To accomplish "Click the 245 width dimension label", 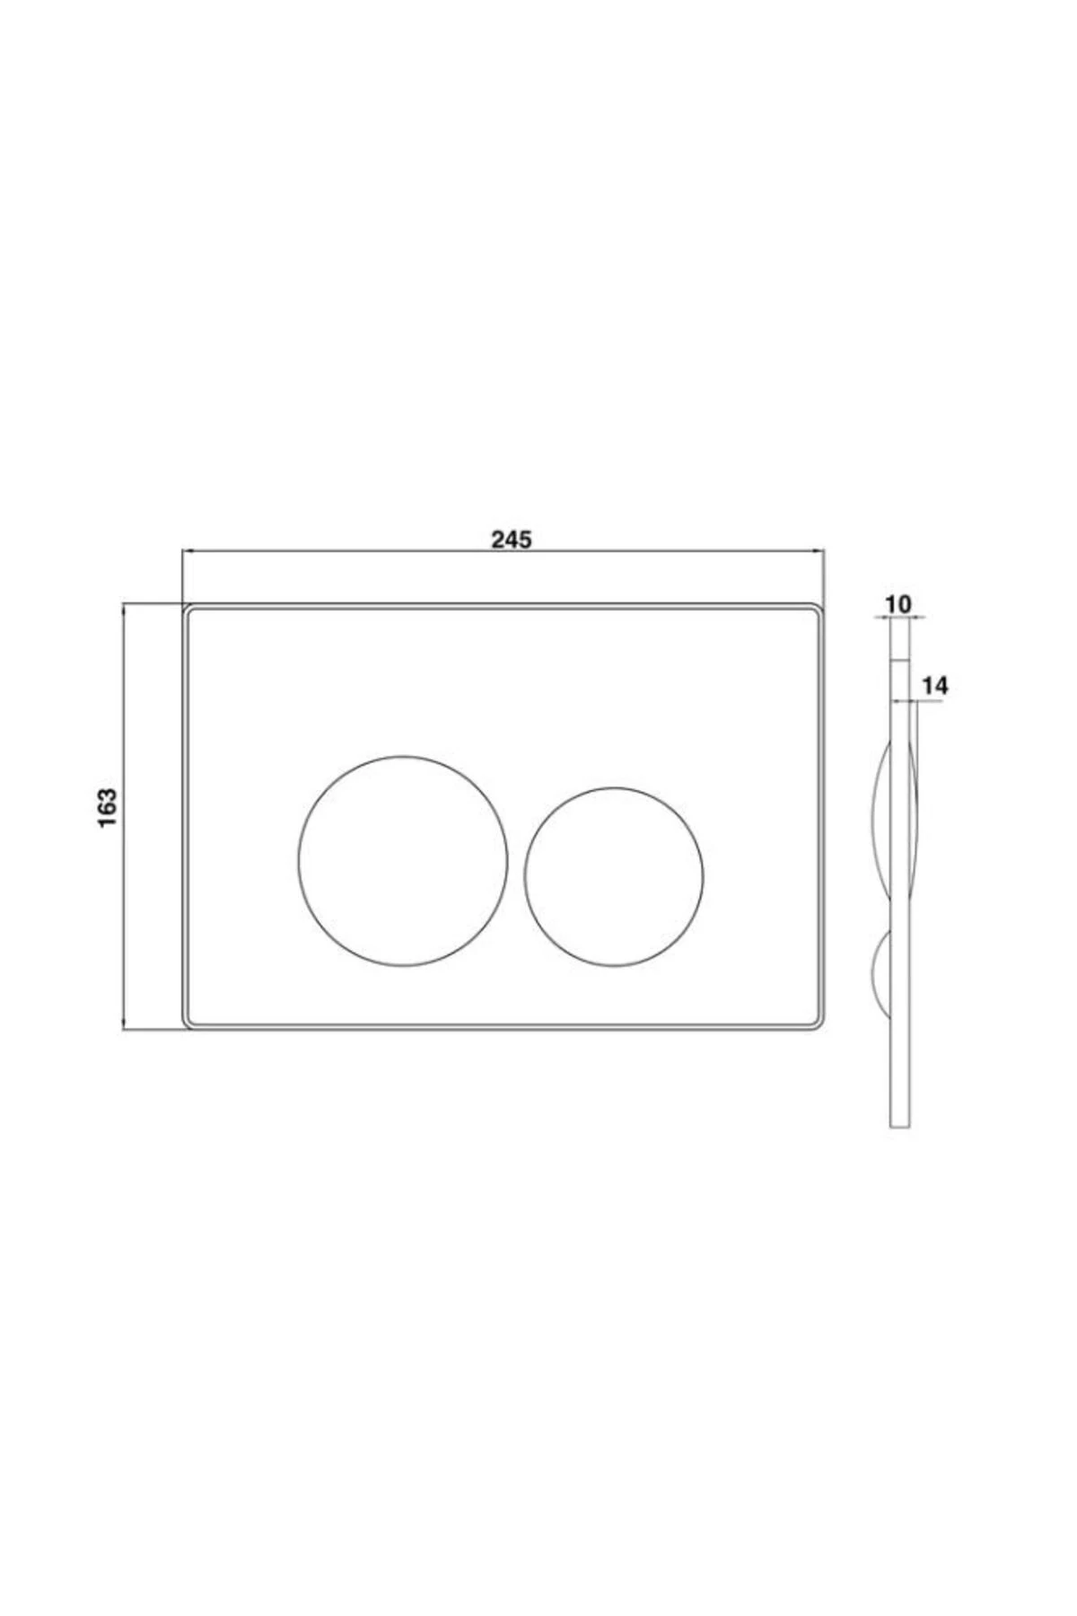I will pos(512,539).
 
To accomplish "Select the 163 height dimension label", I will pos(108,808).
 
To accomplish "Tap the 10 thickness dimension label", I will pos(897,604).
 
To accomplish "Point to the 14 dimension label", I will pos(934,686).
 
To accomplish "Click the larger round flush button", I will pos(403,861).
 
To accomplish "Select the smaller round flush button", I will pos(614,877).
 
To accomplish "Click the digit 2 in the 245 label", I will pos(497,539).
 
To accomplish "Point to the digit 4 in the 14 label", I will pos(941,686).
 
